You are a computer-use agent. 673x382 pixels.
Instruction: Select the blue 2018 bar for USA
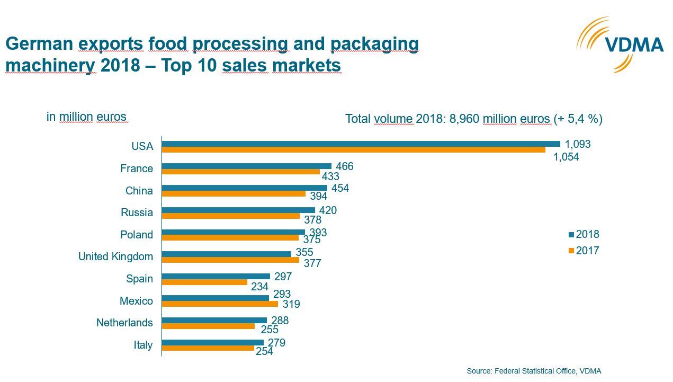coord(361,144)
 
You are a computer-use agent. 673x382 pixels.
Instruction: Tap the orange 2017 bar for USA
coord(353,150)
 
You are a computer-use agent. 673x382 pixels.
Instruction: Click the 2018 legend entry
coord(584,234)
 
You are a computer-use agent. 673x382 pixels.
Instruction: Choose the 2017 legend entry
coord(584,251)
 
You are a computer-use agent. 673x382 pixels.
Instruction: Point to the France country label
coord(136,168)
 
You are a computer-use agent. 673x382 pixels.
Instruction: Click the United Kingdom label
coord(115,256)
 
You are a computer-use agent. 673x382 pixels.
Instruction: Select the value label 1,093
coord(577,144)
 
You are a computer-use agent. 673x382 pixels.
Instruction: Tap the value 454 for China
coord(340,189)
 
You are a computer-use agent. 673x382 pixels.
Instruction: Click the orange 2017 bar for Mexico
coord(220,304)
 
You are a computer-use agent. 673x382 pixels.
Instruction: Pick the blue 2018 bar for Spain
coord(216,276)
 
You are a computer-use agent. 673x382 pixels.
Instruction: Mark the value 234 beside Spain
coord(259,287)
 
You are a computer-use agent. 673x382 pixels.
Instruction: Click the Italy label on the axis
coord(143,345)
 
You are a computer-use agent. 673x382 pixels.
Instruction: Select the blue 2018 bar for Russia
coord(238,210)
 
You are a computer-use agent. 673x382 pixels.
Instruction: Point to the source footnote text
coord(534,371)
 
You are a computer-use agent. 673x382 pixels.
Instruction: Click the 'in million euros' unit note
coord(86,117)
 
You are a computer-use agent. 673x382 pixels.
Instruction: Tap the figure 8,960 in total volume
coord(464,119)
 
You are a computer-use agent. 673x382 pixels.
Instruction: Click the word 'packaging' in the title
coord(374,43)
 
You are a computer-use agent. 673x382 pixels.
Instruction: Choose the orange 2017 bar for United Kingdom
coord(230,260)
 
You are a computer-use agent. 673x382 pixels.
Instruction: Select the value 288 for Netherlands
coord(280,320)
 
